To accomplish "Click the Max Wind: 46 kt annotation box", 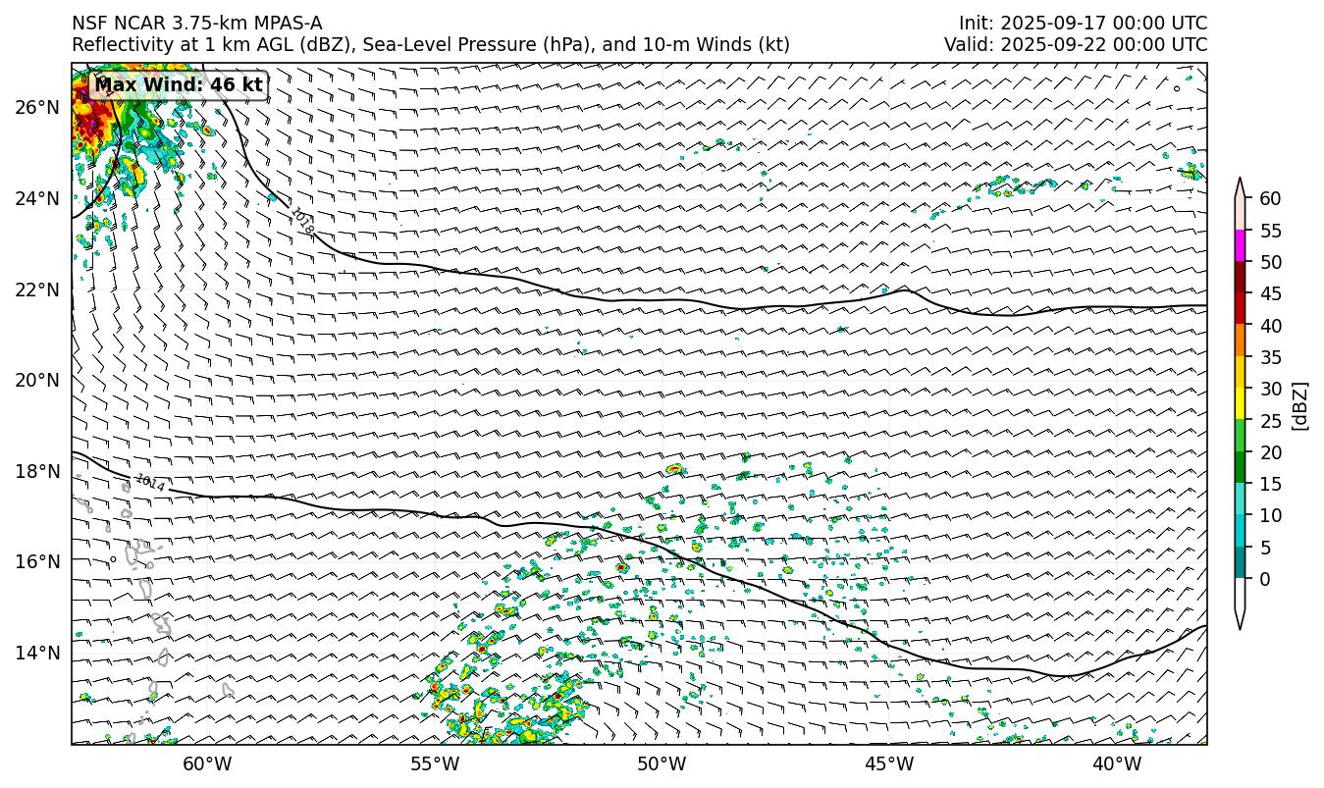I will tap(178, 85).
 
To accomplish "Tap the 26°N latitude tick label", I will tap(37, 107).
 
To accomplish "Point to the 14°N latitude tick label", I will tap(37, 653).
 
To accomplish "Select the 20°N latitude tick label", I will tap(37, 380).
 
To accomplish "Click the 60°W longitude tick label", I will tap(207, 764).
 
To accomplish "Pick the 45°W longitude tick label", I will tap(889, 764).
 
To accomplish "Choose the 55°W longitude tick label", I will tap(434, 764).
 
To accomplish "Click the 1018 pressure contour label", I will tap(302, 222).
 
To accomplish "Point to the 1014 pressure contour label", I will tap(149, 482).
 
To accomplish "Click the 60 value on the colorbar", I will tap(1270, 199).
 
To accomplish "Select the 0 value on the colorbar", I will tap(1265, 579).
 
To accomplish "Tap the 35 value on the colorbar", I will tap(1270, 357).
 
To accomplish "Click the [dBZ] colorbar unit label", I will tap(1300, 404).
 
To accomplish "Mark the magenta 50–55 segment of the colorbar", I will tap(1241, 246).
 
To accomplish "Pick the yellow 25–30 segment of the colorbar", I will tap(1241, 404).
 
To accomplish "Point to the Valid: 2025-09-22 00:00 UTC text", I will tap(1076, 45).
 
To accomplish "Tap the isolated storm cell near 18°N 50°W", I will tap(673, 469).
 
